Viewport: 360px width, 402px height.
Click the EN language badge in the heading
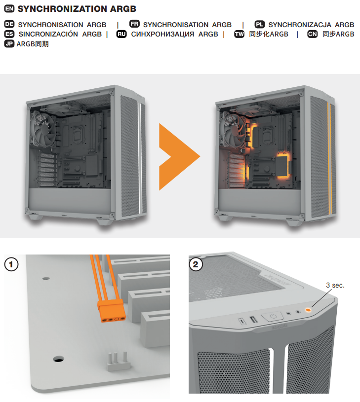coord(9,9)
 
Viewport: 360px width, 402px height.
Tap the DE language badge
coord(9,24)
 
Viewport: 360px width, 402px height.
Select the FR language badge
coord(134,24)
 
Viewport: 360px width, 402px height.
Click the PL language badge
coord(260,24)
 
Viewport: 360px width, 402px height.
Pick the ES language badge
coord(9,34)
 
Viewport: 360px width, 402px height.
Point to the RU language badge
coord(121,34)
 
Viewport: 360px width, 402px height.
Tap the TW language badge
coord(240,34)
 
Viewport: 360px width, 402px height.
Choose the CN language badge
coord(313,34)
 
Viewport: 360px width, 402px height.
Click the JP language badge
coord(9,44)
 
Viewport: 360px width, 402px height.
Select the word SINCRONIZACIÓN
coord(48,34)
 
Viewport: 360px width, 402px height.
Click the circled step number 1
coord(11,264)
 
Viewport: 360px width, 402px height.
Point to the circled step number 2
coord(196,264)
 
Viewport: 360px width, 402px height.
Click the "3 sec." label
coord(335,286)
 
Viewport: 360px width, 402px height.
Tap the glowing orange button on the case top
coord(308,310)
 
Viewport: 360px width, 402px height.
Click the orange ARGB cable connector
coord(112,311)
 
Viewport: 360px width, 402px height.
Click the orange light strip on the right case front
coord(330,158)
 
